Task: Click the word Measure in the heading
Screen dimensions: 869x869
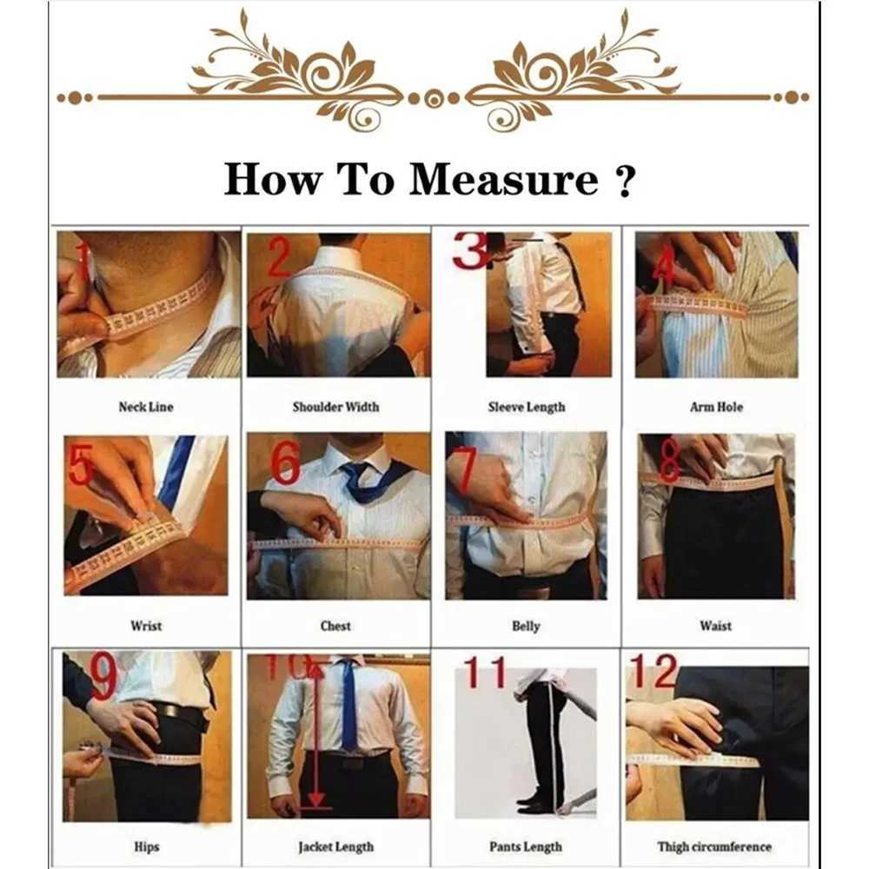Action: coord(504,180)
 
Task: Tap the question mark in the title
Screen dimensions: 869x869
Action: coord(622,182)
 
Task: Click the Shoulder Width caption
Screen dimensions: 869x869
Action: coord(335,407)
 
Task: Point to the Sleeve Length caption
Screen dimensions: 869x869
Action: coord(526,407)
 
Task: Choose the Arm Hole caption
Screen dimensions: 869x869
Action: coord(716,407)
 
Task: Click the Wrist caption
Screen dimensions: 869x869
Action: coord(146,626)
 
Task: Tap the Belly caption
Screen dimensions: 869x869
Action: coord(526,626)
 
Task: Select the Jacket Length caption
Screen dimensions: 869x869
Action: coord(335,846)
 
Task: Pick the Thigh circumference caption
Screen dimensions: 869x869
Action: coord(714,846)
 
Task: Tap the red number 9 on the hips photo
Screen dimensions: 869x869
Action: coord(103,677)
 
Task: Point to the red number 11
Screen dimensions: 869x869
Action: coord(485,673)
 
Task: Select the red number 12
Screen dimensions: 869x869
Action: coord(653,671)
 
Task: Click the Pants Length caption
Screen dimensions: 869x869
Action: coord(525,846)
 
